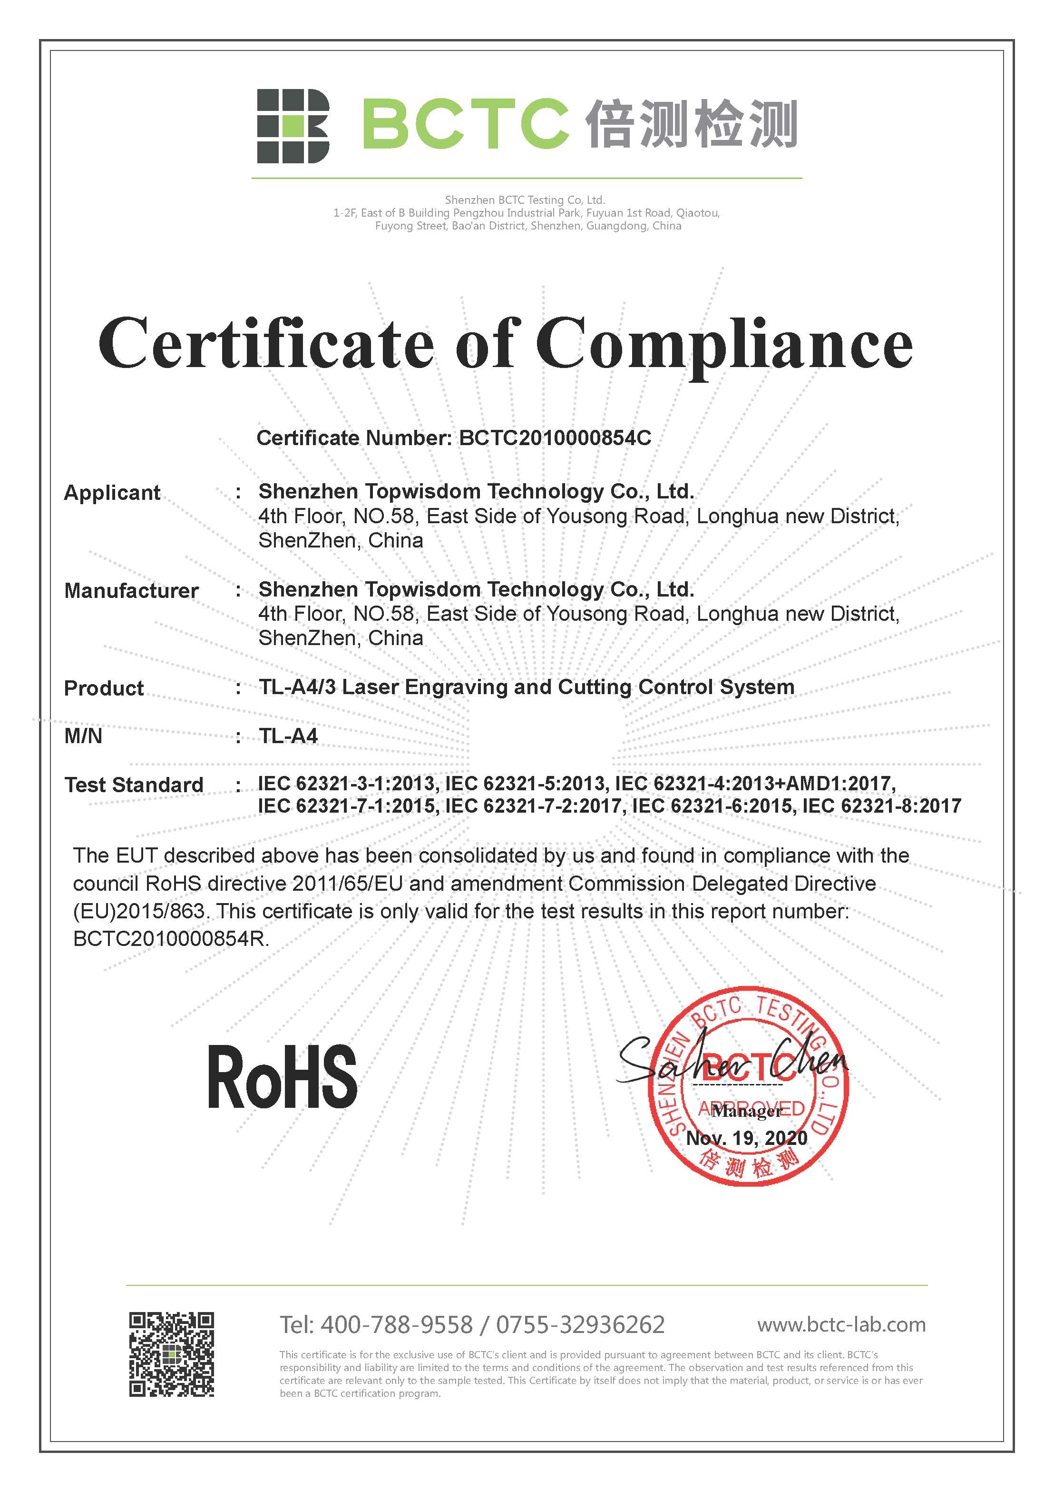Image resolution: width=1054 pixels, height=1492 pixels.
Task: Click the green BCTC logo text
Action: point(465,124)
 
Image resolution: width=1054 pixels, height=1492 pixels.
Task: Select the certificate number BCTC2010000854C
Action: point(555,438)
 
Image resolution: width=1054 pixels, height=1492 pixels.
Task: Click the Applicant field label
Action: point(112,493)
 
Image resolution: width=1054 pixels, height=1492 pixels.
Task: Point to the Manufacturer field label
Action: point(131,591)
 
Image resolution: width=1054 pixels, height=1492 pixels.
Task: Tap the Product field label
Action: point(104,688)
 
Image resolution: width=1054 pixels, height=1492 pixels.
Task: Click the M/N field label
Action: point(83,736)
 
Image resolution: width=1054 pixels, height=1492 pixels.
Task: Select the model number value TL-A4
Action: point(288,736)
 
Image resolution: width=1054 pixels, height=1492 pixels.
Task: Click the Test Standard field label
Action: point(134,785)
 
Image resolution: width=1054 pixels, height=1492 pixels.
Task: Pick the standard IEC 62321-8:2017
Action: point(881,806)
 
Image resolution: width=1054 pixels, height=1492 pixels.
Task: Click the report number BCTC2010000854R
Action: point(170,939)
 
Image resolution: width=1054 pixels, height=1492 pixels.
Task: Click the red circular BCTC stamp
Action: point(748,1086)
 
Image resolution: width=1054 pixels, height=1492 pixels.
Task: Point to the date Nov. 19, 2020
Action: point(747,1138)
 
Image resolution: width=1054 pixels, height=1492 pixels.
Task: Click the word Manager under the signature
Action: point(747,1111)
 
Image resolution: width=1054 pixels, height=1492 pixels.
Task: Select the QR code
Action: point(171,1355)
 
